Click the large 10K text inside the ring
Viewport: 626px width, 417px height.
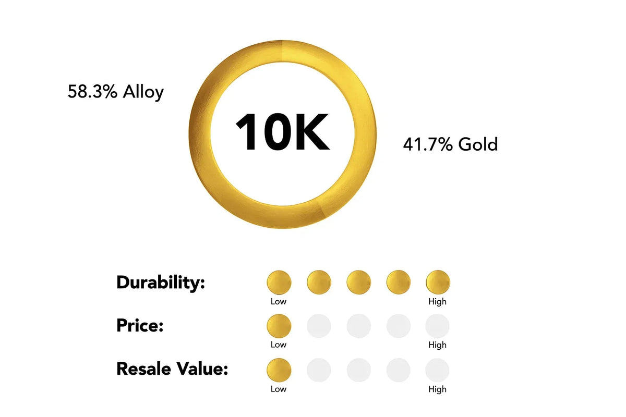click(282, 133)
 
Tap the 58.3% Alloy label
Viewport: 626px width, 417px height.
click(116, 92)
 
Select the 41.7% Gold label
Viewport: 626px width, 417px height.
click(450, 144)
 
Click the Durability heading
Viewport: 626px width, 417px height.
click(161, 283)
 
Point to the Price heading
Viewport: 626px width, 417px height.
click(140, 326)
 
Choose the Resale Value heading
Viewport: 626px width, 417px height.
click(172, 369)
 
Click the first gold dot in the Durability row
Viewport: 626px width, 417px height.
click(279, 282)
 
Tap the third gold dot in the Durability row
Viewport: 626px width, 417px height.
click(358, 282)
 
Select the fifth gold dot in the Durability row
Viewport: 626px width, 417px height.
click(438, 282)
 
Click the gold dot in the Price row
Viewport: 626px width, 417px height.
click(279, 326)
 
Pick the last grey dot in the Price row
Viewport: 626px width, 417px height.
click(437, 326)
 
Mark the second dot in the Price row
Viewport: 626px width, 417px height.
click(319, 326)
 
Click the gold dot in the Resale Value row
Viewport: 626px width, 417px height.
click(279, 370)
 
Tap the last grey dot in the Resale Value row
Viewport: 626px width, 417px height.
click(437, 370)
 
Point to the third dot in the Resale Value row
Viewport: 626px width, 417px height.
click(358, 370)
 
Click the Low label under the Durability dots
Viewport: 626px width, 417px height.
click(279, 301)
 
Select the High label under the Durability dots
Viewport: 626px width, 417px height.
click(437, 301)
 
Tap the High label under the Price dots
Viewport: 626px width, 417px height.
click(437, 345)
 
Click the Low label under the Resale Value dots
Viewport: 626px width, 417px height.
click(279, 389)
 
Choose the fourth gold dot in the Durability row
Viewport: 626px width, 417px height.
click(398, 282)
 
